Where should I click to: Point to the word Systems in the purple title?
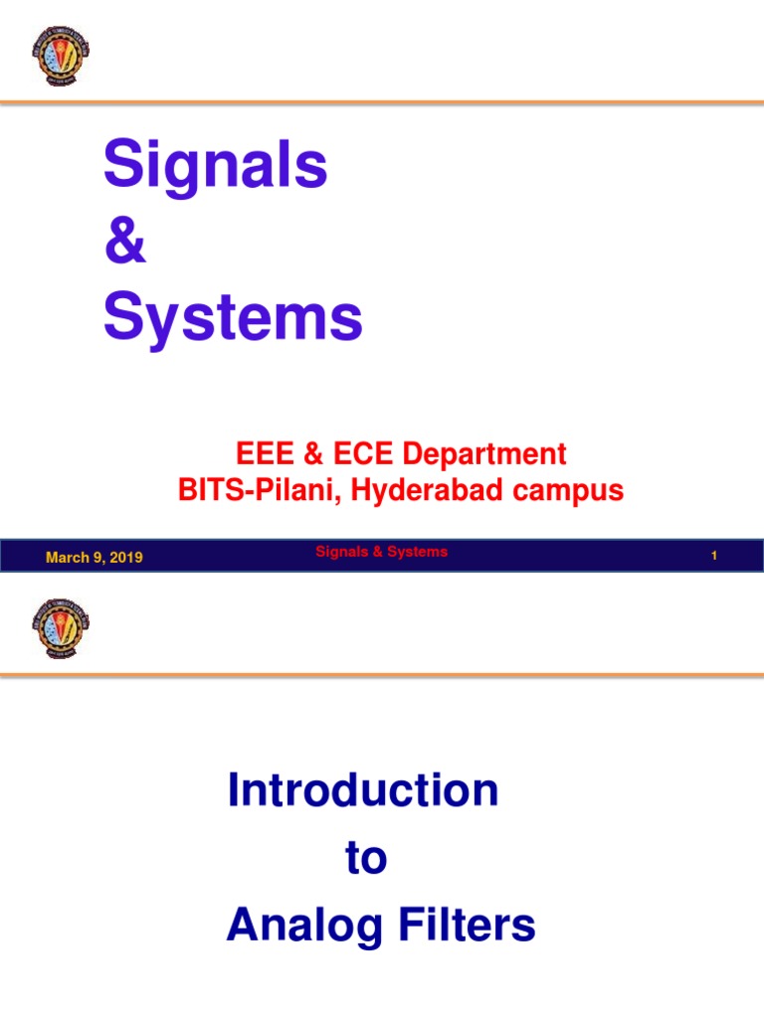click(x=233, y=319)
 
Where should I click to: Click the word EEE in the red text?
click(x=262, y=455)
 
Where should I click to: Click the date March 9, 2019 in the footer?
click(x=94, y=558)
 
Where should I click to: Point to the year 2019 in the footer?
click(x=126, y=558)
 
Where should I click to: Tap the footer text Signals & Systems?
click(x=381, y=552)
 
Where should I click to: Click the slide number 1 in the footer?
click(x=714, y=558)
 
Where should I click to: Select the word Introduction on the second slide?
click(x=363, y=791)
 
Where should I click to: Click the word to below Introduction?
click(x=366, y=859)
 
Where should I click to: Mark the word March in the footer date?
click(x=66, y=558)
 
